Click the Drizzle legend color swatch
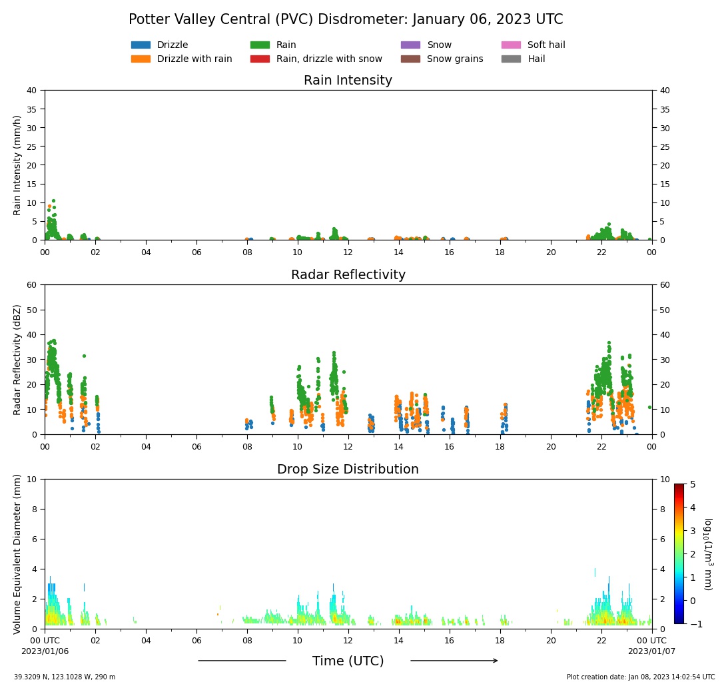141,45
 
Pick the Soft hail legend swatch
511,45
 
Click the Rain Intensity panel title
348,81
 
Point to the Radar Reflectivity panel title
348,275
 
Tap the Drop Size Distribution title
348,470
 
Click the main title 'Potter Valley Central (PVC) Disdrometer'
346,20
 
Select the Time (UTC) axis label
348,661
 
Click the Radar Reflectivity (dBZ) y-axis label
18,360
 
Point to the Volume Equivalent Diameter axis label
18,554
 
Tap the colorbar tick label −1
693,624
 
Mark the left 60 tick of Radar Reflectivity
31,285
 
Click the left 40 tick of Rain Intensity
31,91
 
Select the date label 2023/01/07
651,651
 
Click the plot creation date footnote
641,677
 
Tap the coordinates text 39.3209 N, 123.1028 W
65,677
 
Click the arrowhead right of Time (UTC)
494,661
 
